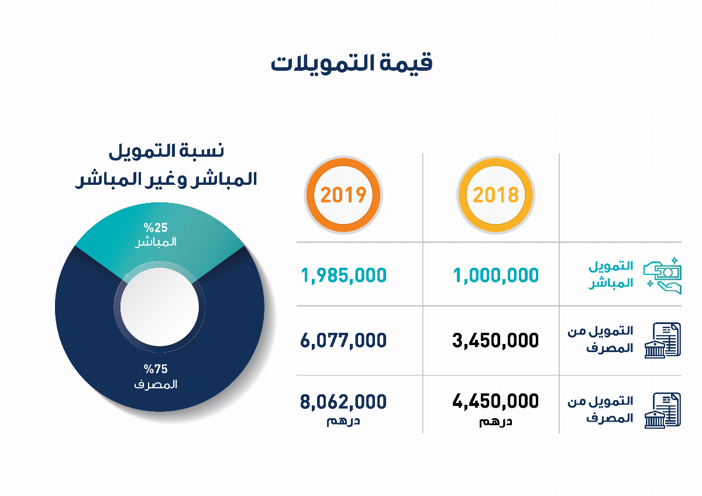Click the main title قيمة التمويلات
point(351,62)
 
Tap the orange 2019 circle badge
point(343,195)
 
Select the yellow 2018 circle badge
point(495,195)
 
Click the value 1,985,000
point(343,274)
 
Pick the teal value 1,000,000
point(495,274)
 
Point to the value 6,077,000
point(343,340)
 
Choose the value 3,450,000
point(495,340)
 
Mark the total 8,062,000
point(343,402)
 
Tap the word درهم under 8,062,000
point(343,421)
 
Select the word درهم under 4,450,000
point(495,421)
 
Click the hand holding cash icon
point(662,274)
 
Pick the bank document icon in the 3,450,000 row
point(662,340)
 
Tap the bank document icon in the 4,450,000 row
point(662,409)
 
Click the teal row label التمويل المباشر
point(610,275)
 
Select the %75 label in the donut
point(156,369)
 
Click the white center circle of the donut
point(159,306)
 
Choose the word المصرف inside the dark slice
point(156,385)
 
